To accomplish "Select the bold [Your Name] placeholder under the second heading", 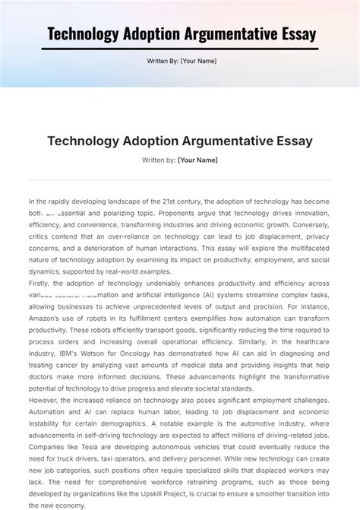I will [x=197, y=160].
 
